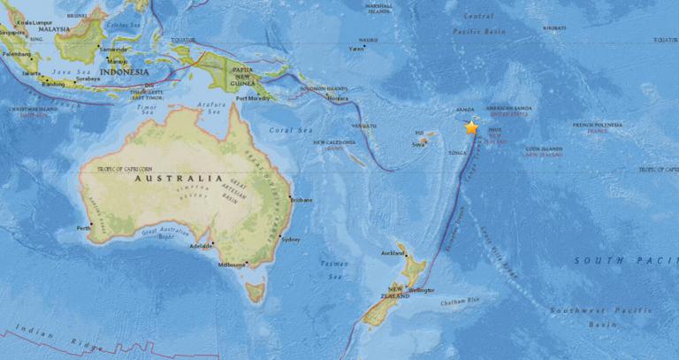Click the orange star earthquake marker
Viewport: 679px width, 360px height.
point(471,128)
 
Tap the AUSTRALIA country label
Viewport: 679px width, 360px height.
point(172,178)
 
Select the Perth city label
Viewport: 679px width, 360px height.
point(84,229)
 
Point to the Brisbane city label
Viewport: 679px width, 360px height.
point(302,200)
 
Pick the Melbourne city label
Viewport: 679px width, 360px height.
point(233,264)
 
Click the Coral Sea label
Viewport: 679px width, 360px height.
point(299,130)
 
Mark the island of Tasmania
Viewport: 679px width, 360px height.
point(256,289)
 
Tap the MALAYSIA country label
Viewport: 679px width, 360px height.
point(53,28)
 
